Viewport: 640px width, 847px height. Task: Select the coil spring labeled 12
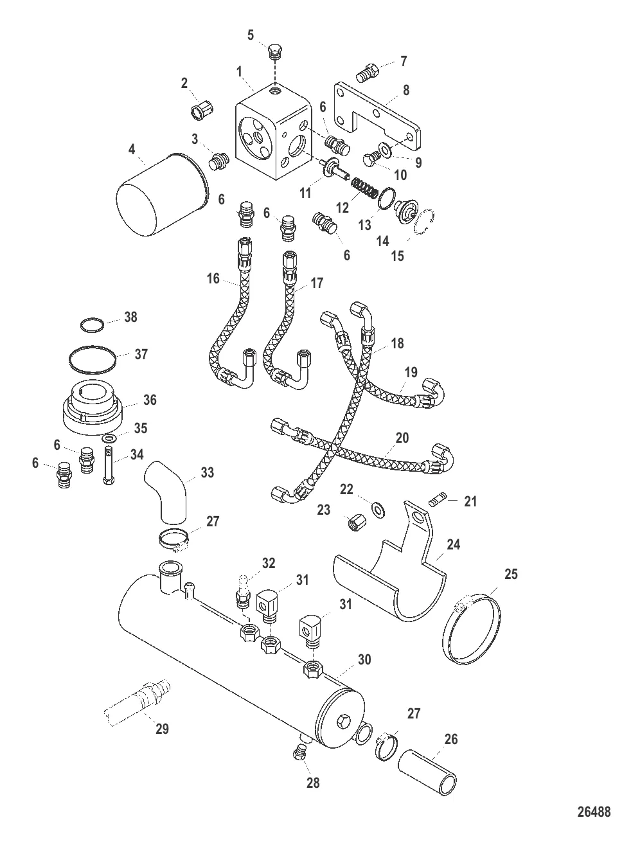click(x=365, y=187)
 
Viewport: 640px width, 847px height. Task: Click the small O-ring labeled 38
click(x=92, y=325)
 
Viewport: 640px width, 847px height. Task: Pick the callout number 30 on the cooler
click(x=364, y=659)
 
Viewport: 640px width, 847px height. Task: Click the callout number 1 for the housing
click(x=239, y=72)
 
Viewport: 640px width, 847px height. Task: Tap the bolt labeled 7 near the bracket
click(x=367, y=72)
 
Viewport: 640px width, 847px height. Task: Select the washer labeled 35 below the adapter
click(x=110, y=438)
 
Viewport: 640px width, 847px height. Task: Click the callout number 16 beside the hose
click(x=213, y=278)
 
